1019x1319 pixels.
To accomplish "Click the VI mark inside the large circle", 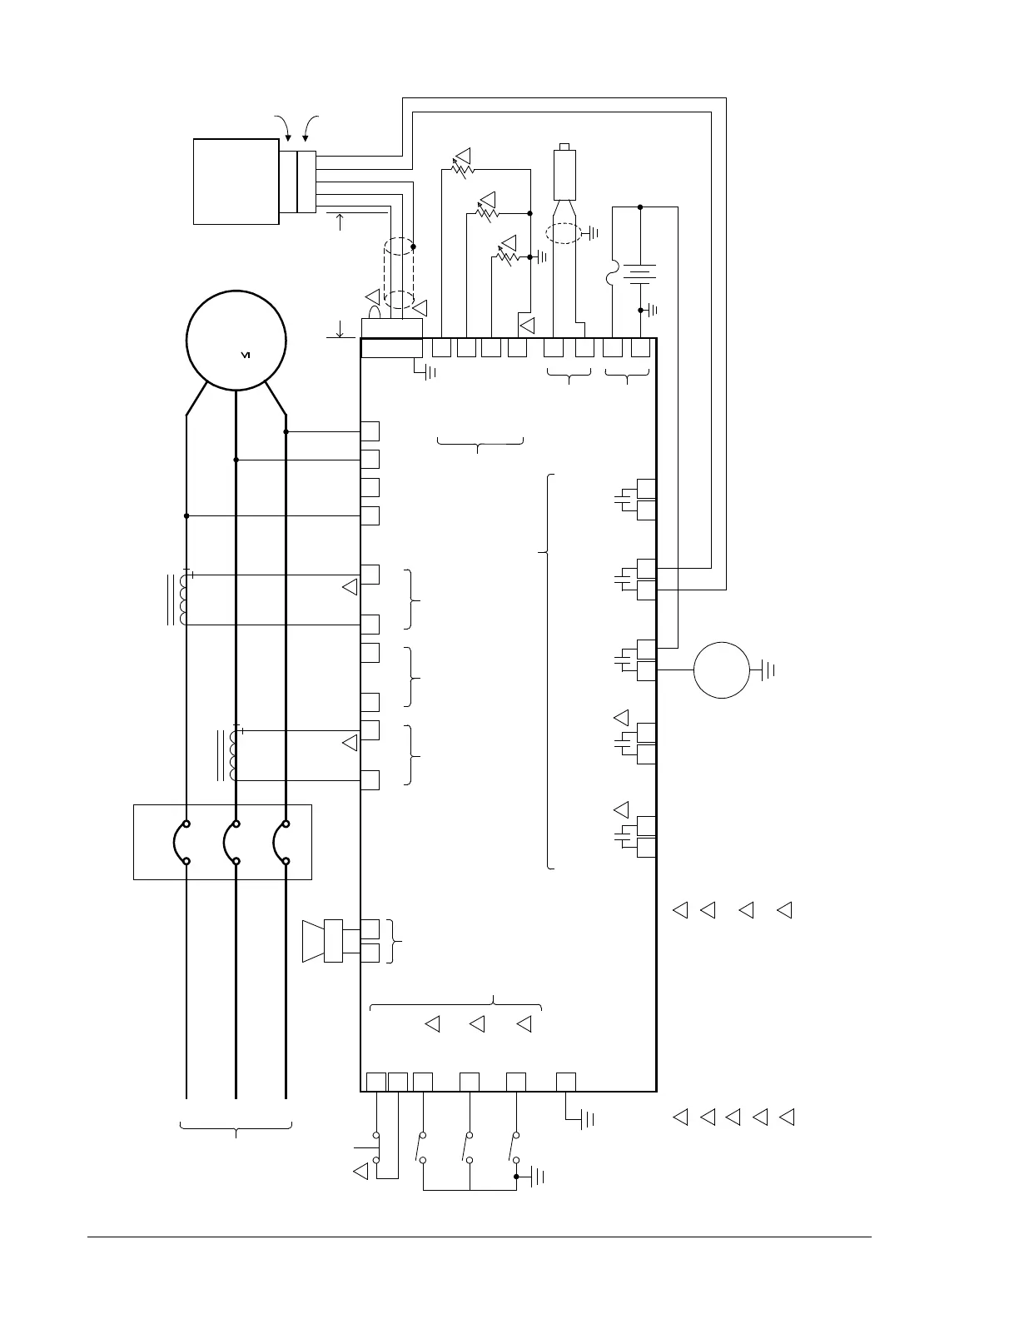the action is (x=246, y=356).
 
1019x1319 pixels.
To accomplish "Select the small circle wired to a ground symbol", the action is (x=722, y=669).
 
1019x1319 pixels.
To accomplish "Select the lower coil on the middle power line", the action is (x=234, y=755).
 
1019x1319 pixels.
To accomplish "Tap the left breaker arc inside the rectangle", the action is (x=181, y=843).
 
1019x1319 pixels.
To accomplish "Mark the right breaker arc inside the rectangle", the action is (x=280, y=843).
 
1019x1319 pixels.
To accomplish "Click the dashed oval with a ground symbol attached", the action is (x=564, y=233).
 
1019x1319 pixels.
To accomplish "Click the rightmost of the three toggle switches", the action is (x=514, y=1147).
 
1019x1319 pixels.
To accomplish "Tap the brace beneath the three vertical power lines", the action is (x=236, y=1129).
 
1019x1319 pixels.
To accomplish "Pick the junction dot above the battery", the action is (x=639, y=207).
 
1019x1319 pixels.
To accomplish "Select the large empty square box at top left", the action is (x=236, y=182).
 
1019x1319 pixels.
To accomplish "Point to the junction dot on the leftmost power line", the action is (x=186, y=516).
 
